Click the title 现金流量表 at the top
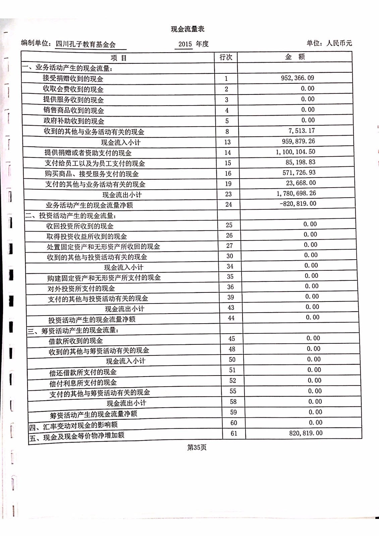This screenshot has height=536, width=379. pyautogui.click(x=187, y=29)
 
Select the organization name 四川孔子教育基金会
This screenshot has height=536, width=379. pyautogui.click(x=86, y=44)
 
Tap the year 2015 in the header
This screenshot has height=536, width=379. pyautogui.click(x=185, y=44)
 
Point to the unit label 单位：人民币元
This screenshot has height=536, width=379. pyautogui.click(x=329, y=43)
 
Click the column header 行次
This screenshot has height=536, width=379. pyautogui.click(x=226, y=57)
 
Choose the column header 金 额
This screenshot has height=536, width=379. pyautogui.click(x=295, y=57)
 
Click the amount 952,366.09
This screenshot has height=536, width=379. pyautogui.click(x=297, y=78)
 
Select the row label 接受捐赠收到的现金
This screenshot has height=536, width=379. pyautogui.click(x=73, y=79)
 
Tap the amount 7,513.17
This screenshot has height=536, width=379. pyautogui.click(x=302, y=131)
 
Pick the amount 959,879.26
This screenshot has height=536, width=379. pyautogui.click(x=298, y=141)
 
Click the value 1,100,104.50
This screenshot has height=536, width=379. pyautogui.click(x=295, y=152)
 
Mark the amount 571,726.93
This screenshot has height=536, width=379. pyautogui.click(x=299, y=173)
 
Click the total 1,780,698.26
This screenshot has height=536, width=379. pyautogui.click(x=296, y=193)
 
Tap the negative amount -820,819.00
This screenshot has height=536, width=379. pyautogui.click(x=298, y=204)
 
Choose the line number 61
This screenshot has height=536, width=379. pyautogui.click(x=234, y=433)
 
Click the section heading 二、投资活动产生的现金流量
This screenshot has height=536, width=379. pyautogui.click(x=71, y=216)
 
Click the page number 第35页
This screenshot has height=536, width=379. pyautogui.click(x=197, y=448)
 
